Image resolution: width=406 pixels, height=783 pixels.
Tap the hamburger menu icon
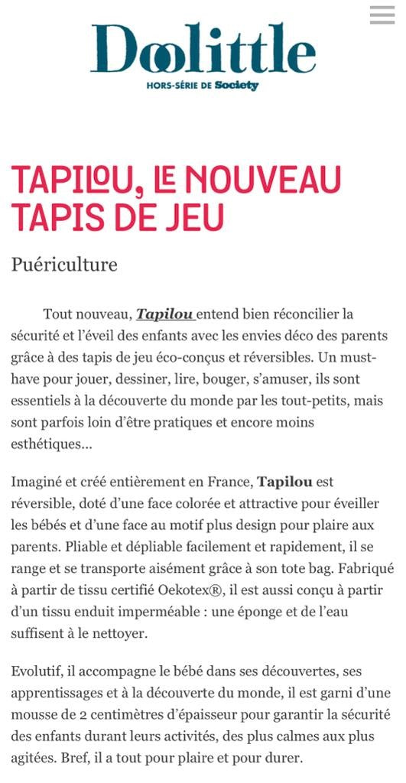click(x=382, y=15)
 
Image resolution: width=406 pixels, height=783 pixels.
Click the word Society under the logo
click(x=236, y=86)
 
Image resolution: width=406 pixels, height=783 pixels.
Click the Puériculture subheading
click(x=64, y=265)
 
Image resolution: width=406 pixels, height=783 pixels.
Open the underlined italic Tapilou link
click(x=164, y=314)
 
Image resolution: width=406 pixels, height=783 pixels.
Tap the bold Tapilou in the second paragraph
click(x=284, y=482)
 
